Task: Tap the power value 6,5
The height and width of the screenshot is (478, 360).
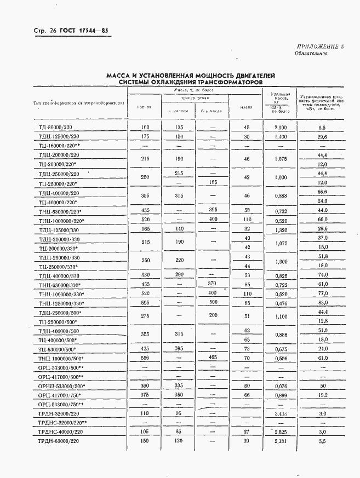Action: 322,127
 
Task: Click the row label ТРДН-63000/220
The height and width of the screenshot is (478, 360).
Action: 60,440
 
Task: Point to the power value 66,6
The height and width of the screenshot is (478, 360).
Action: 322,192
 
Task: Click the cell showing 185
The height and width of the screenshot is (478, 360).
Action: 213,182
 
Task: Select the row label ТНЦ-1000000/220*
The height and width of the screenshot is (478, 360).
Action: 61,220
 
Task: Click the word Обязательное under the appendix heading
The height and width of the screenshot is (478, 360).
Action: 311,54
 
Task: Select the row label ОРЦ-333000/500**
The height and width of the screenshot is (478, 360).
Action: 61,367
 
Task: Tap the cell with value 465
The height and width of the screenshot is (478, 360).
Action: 213,358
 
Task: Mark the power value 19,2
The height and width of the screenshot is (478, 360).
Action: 322,394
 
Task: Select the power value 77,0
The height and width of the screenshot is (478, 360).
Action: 322,293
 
